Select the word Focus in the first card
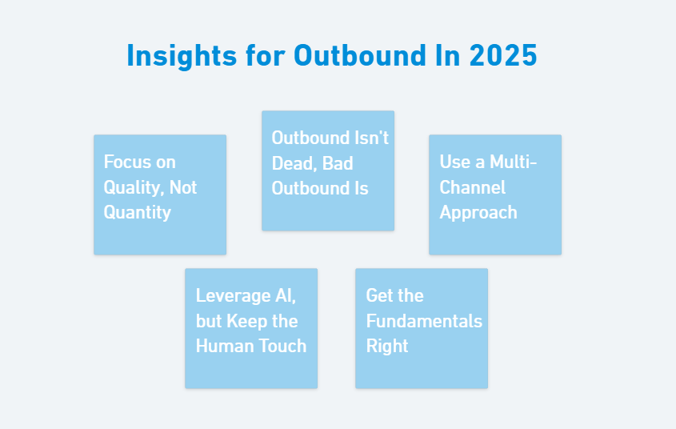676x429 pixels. [128, 162]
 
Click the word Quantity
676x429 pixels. [137, 213]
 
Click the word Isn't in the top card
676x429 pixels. [371, 138]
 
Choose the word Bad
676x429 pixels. [338, 163]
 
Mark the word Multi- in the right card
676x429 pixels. [513, 162]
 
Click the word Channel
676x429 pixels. [472, 188]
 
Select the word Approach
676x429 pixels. [478, 213]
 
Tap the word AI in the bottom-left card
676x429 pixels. [286, 296]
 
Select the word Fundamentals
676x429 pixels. [424, 321]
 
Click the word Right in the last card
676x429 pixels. [387, 346]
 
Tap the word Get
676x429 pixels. [379, 296]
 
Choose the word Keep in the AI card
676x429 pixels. [247, 321]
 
